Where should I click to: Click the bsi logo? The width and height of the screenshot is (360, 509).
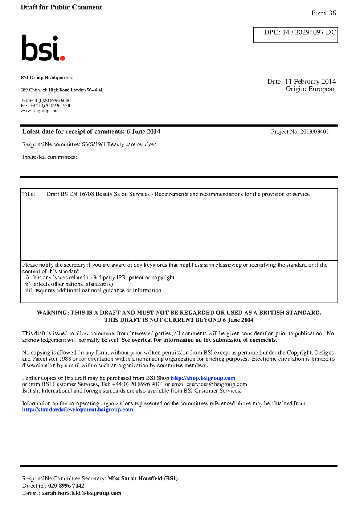[x=42, y=48]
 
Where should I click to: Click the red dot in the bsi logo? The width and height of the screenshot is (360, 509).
[x=62, y=58]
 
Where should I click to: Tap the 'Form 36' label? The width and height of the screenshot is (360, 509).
[x=323, y=13]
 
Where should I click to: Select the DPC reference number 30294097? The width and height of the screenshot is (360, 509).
[x=309, y=32]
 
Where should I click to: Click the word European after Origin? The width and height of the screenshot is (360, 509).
[x=322, y=89]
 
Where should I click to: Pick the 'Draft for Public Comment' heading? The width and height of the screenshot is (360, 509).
[x=61, y=7]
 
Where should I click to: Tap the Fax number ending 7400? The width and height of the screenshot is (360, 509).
[x=51, y=106]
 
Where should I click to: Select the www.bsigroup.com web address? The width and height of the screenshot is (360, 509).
[x=40, y=111]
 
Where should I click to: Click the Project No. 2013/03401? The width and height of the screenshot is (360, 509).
[x=314, y=132]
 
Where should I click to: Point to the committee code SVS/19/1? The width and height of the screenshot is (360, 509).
[x=94, y=144]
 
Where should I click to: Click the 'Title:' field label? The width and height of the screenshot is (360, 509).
[x=29, y=194]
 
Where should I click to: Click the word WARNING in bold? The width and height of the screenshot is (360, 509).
[x=53, y=313]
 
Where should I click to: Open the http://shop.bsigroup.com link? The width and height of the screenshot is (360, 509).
[x=203, y=378]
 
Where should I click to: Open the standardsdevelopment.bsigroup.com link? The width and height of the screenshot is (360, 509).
[x=78, y=410]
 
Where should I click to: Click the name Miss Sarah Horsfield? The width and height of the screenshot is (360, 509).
[x=135, y=479]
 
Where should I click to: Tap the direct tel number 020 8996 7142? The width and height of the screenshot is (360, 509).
[x=66, y=486]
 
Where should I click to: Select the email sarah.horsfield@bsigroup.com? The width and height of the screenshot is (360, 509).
[x=82, y=493]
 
